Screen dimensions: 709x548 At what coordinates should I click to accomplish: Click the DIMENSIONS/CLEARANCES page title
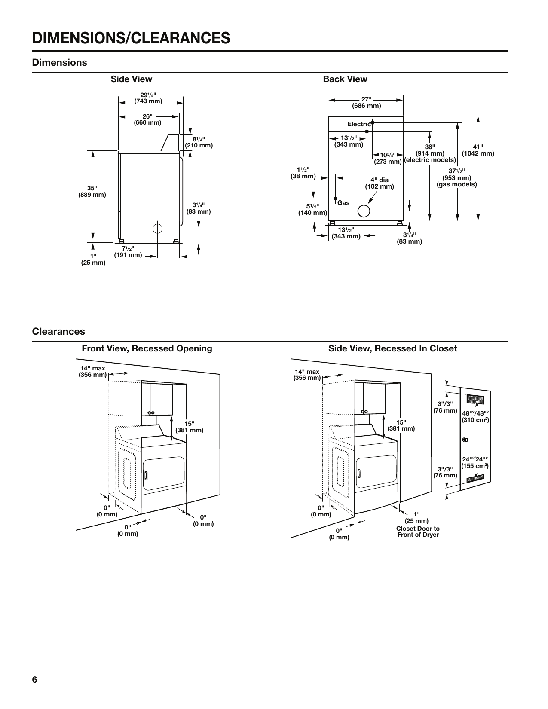click(x=131, y=38)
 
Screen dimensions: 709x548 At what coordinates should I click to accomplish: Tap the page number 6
click(x=35, y=680)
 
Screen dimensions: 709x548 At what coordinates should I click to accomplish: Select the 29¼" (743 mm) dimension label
click(x=148, y=98)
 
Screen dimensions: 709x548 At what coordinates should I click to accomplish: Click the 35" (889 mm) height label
click(x=92, y=191)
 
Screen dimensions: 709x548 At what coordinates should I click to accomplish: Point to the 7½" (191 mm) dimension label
click(x=128, y=251)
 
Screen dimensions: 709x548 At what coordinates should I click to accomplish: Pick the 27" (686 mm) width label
click(x=366, y=102)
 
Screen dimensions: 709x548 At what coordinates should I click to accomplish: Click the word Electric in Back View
click(x=359, y=124)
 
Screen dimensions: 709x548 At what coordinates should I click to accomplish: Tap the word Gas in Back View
click(x=343, y=203)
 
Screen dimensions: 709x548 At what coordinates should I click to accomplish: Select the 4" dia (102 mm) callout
click(x=379, y=183)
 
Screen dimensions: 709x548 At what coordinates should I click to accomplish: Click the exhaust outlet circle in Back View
click(x=364, y=211)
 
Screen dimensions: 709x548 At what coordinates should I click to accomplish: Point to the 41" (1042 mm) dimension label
click(x=478, y=150)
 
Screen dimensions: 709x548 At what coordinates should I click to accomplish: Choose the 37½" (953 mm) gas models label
click(x=456, y=178)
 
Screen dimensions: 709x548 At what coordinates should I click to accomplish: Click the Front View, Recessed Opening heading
click(x=147, y=348)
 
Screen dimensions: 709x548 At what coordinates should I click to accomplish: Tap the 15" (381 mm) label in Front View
click(x=189, y=426)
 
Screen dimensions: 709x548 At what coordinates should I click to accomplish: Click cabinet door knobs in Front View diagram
click(x=151, y=413)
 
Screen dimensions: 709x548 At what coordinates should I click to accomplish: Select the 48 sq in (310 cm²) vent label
click(x=475, y=416)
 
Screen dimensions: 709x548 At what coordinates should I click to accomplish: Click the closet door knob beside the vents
click(x=465, y=440)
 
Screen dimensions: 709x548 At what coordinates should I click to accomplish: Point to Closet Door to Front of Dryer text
click(x=418, y=532)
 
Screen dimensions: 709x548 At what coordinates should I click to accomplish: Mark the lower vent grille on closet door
click(x=475, y=477)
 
